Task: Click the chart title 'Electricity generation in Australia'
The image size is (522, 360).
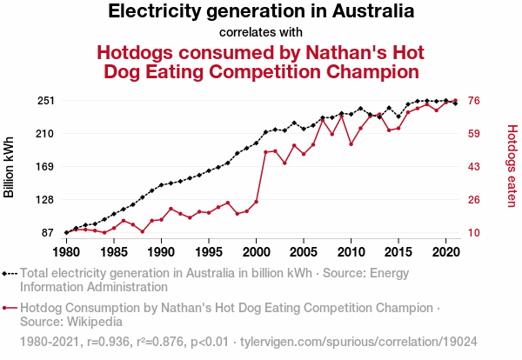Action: [261, 12]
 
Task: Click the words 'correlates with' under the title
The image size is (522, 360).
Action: [261, 32]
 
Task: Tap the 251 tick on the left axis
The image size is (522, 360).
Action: [45, 101]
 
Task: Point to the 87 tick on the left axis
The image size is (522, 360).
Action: [48, 233]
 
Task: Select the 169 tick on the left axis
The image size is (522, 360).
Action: [45, 167]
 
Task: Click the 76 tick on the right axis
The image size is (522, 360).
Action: [475, 101]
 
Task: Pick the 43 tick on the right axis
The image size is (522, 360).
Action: [475, 167]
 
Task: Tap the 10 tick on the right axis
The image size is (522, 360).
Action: [475, 233]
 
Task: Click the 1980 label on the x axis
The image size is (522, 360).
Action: [66, 253]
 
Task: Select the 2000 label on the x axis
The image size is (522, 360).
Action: [256, 253]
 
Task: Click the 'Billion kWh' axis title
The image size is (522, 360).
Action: [10, 167]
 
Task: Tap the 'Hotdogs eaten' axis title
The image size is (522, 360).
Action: [512, 166]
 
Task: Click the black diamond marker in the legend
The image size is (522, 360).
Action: [7, 273]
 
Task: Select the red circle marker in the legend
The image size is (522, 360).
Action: [7, 308]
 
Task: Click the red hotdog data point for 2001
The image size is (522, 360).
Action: [265, 152]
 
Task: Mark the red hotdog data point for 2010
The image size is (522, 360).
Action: [351, 143]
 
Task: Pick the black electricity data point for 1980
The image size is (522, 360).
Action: [66, 232]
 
